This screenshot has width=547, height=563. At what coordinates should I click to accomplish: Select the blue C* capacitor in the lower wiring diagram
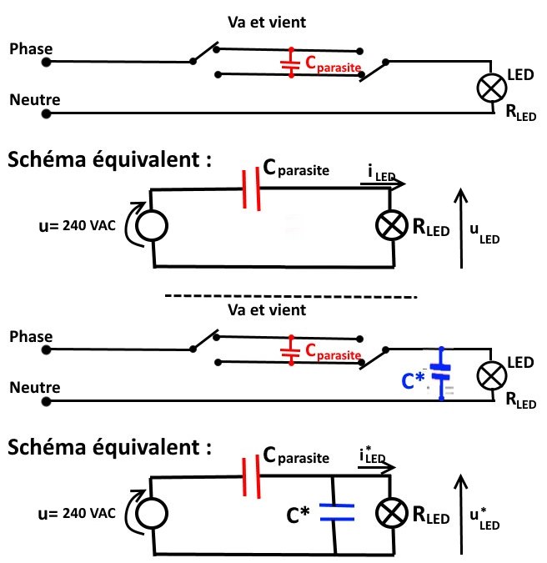click(441, 374)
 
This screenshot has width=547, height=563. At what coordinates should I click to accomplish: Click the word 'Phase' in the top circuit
click(31, 49)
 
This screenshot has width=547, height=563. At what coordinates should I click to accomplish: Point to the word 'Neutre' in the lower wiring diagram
click(31, 388)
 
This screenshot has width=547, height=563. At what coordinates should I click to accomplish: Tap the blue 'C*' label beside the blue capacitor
click(414, 381)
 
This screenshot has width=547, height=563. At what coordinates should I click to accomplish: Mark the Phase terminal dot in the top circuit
click(47, 62)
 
